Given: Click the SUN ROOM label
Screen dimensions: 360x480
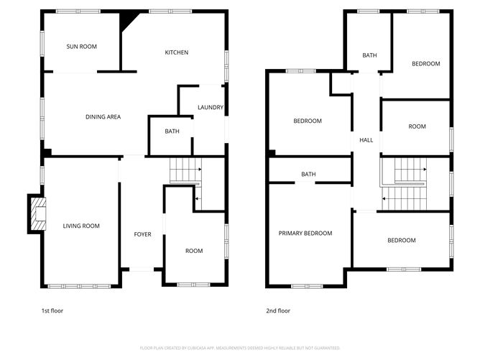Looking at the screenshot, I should point(81,47).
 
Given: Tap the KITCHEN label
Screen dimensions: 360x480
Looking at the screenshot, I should point(177,52).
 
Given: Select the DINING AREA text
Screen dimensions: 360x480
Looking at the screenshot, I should point(103,116).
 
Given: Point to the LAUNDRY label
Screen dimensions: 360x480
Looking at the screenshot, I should point(211,108).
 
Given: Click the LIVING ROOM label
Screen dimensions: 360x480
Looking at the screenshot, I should point(80,226).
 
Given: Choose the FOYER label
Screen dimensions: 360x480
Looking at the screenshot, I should point(142,234).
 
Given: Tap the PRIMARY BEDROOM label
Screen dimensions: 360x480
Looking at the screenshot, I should point(305,234).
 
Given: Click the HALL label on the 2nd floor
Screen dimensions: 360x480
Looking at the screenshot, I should point(366,141).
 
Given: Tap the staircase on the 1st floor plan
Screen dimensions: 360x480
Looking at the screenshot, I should point(185,172).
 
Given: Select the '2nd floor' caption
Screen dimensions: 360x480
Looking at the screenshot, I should point(278,311).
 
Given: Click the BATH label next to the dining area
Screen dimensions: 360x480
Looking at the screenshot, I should point(172,131).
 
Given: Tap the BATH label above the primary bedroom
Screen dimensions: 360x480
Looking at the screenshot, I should point(308,175).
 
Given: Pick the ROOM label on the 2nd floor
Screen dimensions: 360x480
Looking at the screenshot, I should point(417,126).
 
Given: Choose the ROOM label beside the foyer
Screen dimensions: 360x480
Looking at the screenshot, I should point(194,251).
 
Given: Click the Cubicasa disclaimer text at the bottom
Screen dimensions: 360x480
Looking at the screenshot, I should point(239,347).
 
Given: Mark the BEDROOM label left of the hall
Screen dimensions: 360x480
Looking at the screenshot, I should point(308,121).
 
